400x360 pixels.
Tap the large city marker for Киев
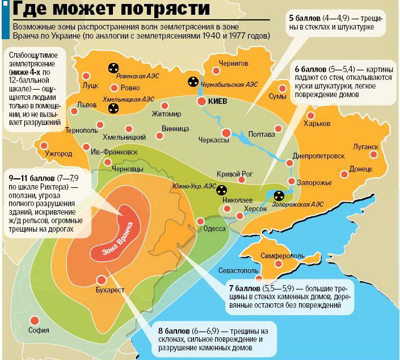point(202,101)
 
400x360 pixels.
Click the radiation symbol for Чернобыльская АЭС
point(193,82)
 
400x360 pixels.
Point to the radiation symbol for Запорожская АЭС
point(279,196)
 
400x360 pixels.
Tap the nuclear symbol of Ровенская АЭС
point(112,68)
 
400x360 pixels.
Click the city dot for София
point(35,320)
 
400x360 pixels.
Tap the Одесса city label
point(215,229)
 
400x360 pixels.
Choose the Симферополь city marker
point(278,264)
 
